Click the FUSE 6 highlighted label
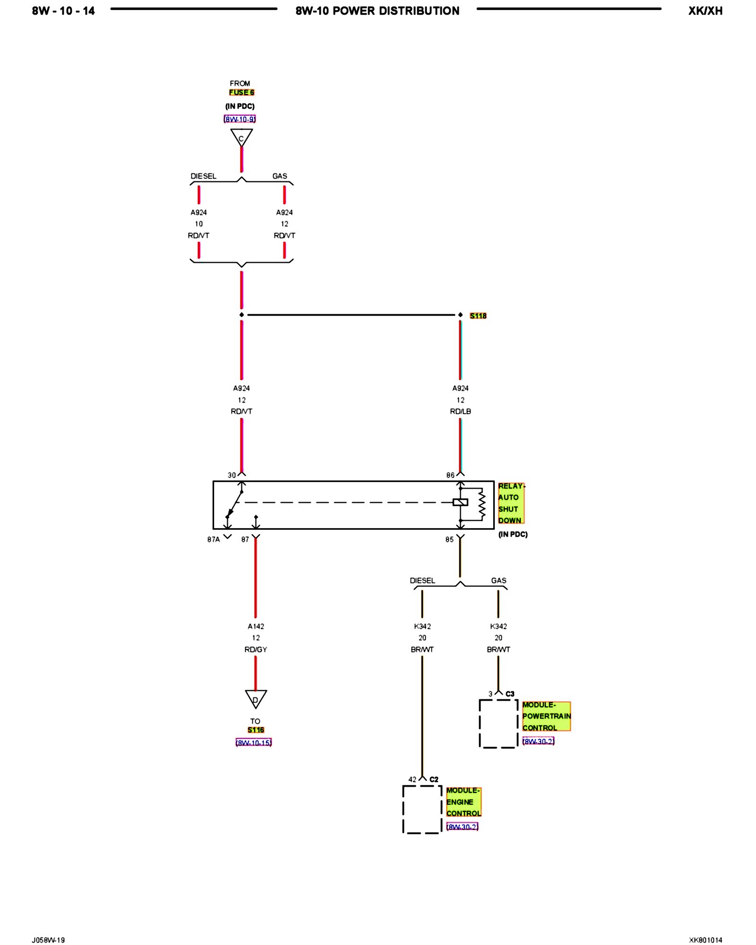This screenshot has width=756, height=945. [x=241, y=92]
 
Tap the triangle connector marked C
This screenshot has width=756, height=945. [x=241, y=137]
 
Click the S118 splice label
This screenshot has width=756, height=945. [x=478, y=316]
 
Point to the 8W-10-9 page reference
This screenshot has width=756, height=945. [x=240, y=119]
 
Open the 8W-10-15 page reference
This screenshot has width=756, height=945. [x=254, y=742]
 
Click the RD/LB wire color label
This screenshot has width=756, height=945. [x=460, y=411]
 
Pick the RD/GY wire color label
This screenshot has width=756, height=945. [x=256, y=649]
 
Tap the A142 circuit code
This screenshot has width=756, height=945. [x=256, y=626]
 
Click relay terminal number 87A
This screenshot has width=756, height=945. [x=214, y=539]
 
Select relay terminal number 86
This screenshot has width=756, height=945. [x=450, y=475]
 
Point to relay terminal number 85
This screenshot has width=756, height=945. [x=449, y=539]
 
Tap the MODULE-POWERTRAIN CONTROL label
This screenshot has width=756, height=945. [x=546, y=716]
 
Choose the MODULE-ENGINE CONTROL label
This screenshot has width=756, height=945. [x=463, y=801]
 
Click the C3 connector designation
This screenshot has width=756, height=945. [x=510, y=694]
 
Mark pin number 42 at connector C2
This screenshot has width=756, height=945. [x=412, y=779]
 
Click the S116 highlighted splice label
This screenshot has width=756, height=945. [x=256, y=730]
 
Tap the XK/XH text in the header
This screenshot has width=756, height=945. [x=705, y=11]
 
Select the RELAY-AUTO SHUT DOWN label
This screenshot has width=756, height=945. [x=511, y=503]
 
